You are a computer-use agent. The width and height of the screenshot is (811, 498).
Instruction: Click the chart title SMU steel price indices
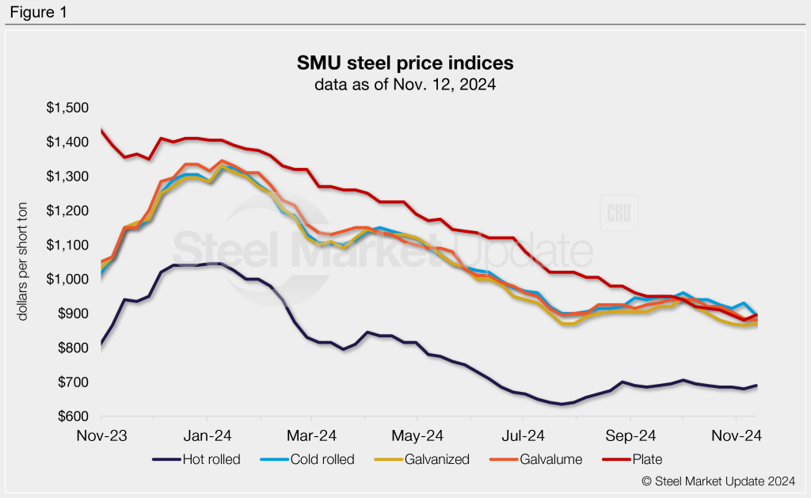click(405, 63)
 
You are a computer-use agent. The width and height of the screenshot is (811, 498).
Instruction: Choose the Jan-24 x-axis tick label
click(207, 435)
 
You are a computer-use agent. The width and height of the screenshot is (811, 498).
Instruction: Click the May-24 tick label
click(418, 435)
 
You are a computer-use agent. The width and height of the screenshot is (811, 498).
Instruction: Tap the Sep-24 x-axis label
click(630, 435)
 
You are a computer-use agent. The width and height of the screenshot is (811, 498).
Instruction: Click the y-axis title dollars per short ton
click(24, 261)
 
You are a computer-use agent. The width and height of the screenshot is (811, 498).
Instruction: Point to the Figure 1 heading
click(37, 12)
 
